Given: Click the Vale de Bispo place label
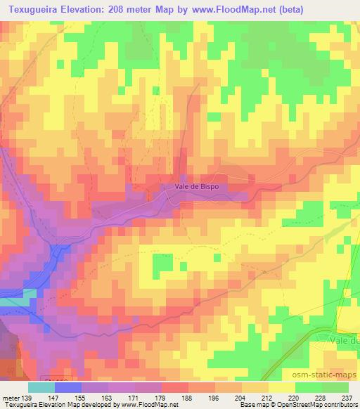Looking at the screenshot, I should [198, 187].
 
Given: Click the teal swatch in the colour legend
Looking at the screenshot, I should [41, 387].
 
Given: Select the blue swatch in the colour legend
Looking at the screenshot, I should [68, 387].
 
